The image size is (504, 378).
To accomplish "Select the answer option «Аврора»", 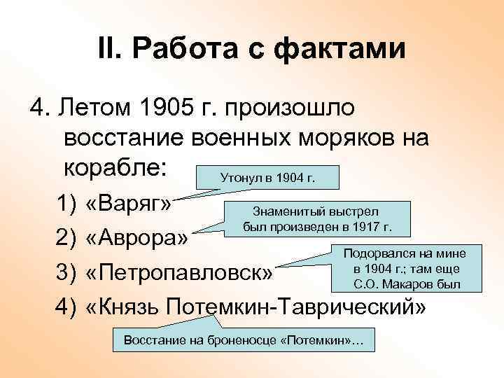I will tap(136, 238).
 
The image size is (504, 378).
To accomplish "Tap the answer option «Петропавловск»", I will tap(178, 271).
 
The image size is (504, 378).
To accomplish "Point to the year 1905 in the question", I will tap(164, 108).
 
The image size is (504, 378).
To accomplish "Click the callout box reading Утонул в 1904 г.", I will tap(267, 178).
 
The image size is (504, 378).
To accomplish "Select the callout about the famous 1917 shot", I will tap(316, 218).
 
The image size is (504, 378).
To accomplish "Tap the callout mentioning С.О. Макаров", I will tap(407, 268).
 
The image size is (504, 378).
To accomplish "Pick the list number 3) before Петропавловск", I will tap(66, 271).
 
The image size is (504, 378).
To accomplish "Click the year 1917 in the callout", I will tap(367, 227).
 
